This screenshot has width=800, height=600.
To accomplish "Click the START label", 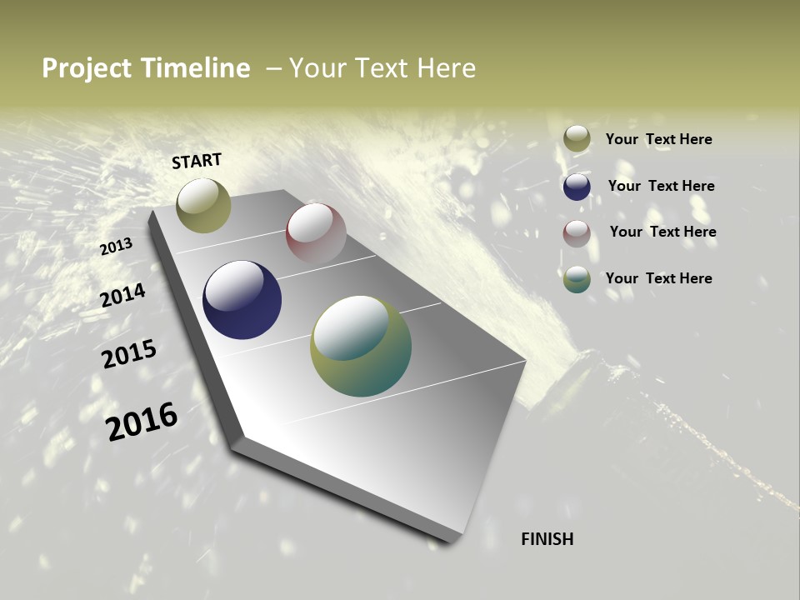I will point(197,161).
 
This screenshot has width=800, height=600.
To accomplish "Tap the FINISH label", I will point(547,539).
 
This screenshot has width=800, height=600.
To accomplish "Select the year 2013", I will point(116,247).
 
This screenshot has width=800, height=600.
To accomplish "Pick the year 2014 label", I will point(122,295).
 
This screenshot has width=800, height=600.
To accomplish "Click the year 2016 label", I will point(142,421).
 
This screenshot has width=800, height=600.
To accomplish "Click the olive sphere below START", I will point(203,206).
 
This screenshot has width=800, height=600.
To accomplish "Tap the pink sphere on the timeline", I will point(316,233).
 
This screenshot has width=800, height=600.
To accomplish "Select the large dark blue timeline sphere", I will point(242,300).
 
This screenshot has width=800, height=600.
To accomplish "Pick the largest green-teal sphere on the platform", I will point(361,346).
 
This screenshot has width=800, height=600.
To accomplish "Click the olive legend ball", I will point(577,139).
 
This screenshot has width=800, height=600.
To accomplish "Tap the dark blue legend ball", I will point(577,187).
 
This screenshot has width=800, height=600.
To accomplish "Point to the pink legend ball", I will point(577,233).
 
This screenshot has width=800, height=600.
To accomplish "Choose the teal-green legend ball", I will point(577,279).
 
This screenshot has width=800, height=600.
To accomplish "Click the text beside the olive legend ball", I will point(658,139).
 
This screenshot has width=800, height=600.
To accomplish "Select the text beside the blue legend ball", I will point(661,186).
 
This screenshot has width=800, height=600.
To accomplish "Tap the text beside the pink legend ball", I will point(662,232).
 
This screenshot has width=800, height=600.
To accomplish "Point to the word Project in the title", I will point(87,68).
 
